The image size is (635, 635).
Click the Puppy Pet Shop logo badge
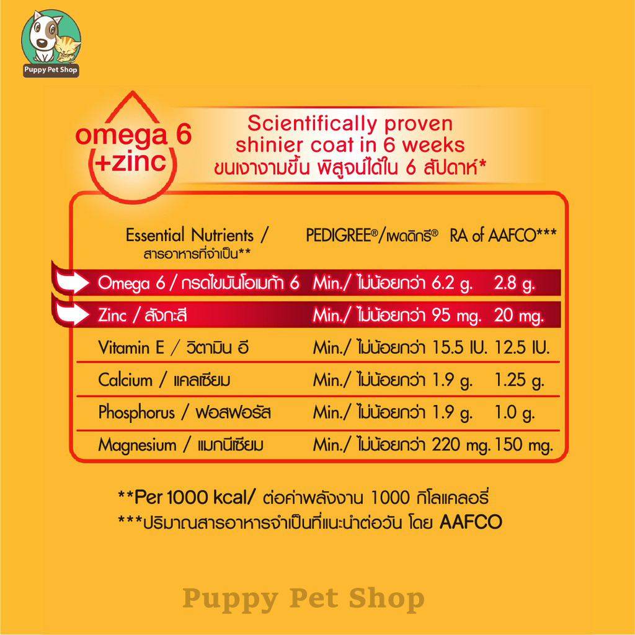[x=51, y=43]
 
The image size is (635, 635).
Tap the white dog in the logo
[x=44, y=37]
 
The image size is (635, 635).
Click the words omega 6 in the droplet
[x=133, y=135]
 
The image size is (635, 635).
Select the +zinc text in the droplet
[x=130, y=161]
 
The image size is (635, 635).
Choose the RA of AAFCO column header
[x=504, y=235]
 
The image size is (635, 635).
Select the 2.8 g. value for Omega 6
[x=514, y=283]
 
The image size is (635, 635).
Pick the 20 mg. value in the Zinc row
[x=519, y=316]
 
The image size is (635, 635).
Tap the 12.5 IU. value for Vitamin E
[x=522, y=347]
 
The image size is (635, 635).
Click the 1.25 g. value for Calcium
[x=520, y=380]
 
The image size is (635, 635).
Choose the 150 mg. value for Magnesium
[x=524, y=445]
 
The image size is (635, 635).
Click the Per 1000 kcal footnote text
[x=187, y=497]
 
